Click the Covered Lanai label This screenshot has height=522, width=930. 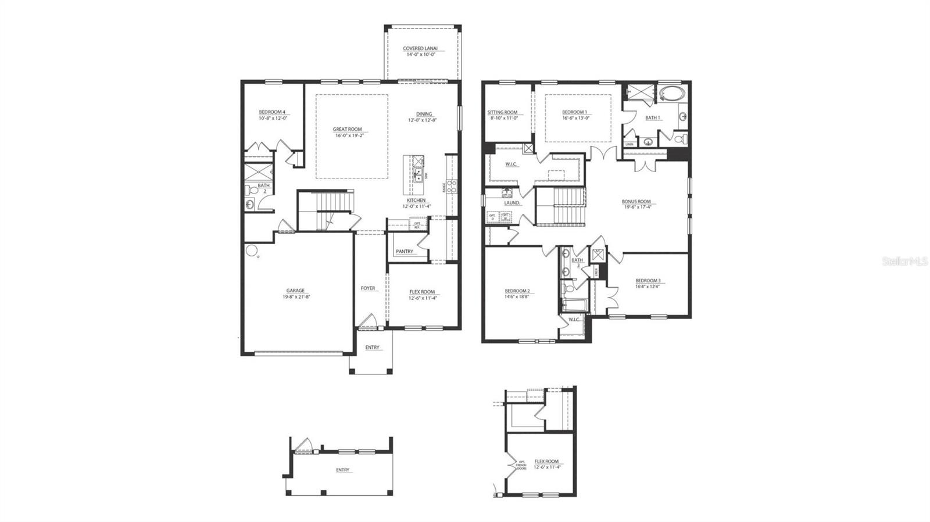420,49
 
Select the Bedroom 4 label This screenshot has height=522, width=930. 272,112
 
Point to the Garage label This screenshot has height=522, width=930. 295,291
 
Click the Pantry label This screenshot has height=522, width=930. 405,252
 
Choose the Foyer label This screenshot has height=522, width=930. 368,288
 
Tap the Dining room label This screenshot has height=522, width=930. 424,114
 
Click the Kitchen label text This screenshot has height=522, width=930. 416,201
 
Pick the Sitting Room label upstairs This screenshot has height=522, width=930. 502,112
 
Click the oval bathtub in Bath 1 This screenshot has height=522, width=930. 673,93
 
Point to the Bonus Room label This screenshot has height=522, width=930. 637,202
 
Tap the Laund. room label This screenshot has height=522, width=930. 512,203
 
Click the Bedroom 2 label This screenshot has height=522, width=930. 517,291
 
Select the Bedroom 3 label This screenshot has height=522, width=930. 648,281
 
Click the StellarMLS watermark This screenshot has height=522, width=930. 905,262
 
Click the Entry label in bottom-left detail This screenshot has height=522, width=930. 343,470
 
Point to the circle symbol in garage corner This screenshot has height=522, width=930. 252,251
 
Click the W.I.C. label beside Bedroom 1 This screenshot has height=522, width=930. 511,164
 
